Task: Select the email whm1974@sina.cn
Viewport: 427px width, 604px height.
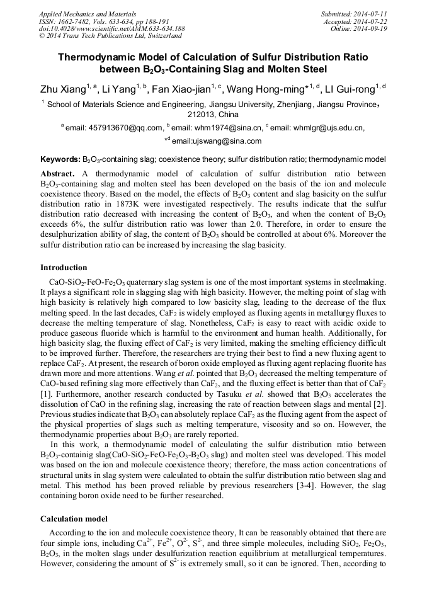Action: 218,128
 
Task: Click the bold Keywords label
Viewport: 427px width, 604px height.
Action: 60,159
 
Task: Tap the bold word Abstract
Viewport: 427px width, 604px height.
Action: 58,173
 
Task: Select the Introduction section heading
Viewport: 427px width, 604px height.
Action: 64,268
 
